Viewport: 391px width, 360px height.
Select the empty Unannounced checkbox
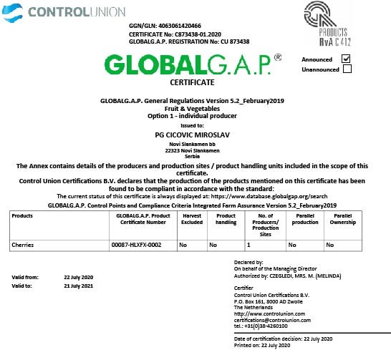pyautogui.click(x=347, y=69)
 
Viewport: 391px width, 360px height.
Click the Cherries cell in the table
pyautogui.click(x=24, y=245)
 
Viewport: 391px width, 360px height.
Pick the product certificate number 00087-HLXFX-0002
pyautogui.click(x=136, y=245)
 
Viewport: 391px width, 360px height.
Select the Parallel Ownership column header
pyautogui.click(x=342, y=218)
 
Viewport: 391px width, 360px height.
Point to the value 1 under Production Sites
pyautogui.click(x=248, y=245)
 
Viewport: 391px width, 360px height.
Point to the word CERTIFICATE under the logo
pyautogui.click(x=187, y=83)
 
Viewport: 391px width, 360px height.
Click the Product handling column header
pyautogui.click(x=226, y=218)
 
